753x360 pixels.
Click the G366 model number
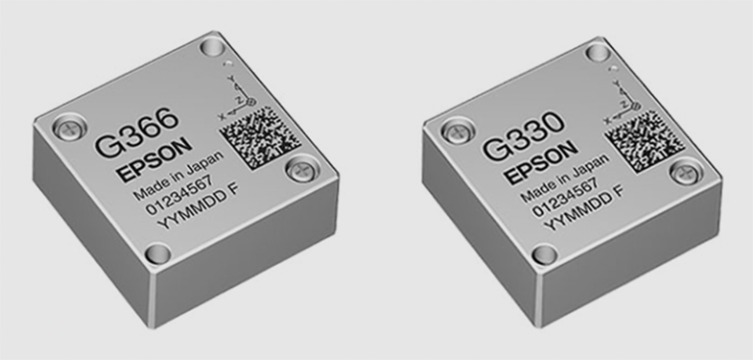tap(137, 131)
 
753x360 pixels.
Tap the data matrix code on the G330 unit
tap(645, 140)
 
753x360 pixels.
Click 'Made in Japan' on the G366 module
tap(178, 176)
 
